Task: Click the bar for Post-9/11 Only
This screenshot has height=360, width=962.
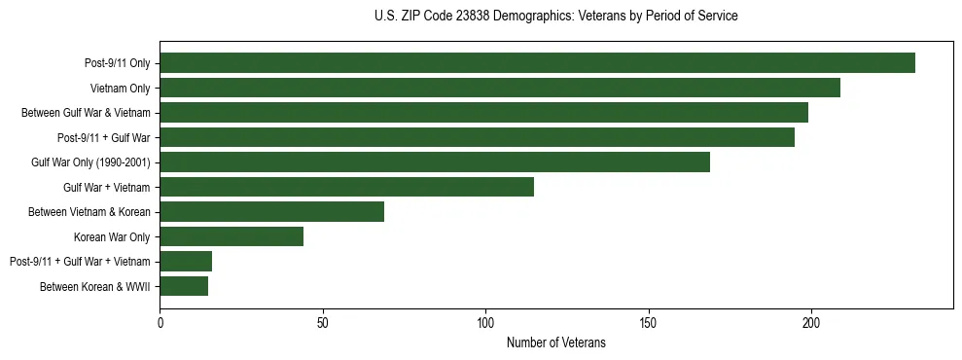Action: click(x=537, y=63)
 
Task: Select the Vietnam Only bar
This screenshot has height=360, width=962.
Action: click(x=500, y=88)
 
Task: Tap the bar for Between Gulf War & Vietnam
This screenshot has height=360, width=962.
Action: click(x=483, y=113)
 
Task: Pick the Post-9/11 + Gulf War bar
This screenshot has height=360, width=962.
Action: click(x=477, y=137)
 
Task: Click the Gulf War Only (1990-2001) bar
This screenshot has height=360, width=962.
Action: click(x=435, y=162)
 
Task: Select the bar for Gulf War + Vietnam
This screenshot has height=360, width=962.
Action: click(x=346, y=187)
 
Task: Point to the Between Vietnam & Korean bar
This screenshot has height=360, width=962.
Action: click(x=271, y=211)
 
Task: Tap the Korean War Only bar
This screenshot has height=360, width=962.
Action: click(x=232, y=236)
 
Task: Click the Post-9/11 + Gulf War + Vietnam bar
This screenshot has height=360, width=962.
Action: click(x=186, y=261)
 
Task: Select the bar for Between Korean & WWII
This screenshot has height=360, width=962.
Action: click(x=184, y=286)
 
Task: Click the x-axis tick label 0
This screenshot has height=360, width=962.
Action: click(x=160, y=322)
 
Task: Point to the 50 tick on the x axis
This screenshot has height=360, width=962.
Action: click(x=323, y=322)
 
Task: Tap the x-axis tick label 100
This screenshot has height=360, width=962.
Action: click(x=485, y=322)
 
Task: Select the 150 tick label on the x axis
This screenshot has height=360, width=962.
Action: click(x=649, y=322)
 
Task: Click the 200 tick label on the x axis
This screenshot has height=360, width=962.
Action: click(x=811, y=322)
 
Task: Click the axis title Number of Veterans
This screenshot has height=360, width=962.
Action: click(x=556, y=342)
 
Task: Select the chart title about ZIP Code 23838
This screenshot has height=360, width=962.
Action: click(x=556, y=16)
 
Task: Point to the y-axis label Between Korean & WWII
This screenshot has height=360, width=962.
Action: click(x=95, y=286)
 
